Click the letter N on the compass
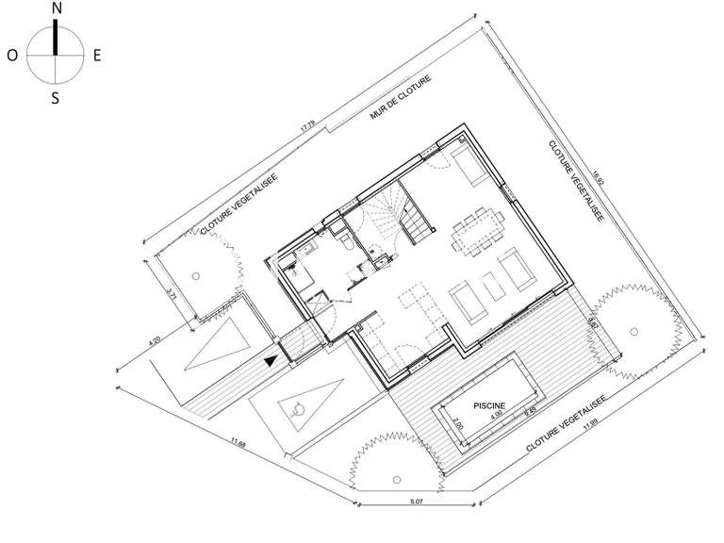coord(57,8)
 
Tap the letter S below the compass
coord(56,97)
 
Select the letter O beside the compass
coord(11,56)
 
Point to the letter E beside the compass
coord(97,56)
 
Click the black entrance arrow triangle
coord(271,359)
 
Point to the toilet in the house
coord(348,244)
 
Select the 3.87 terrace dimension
coord(592,323)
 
